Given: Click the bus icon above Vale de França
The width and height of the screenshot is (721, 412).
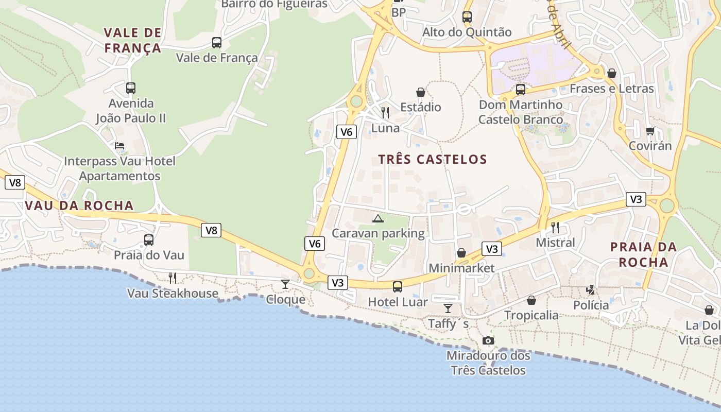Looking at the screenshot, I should pyautogui.click(x=217, y=43).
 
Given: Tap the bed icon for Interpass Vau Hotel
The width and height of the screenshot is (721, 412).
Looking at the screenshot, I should pyautogui.click(x=119, y=146).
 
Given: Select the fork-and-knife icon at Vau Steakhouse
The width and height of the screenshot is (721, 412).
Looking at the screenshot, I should pyautogui.click(x=173, y=278).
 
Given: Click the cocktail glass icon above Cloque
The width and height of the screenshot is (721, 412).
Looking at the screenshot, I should pyautogui.click(x=285, y=284).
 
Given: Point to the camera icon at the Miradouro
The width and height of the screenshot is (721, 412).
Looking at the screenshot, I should pyautogui.click(x=488, y=340).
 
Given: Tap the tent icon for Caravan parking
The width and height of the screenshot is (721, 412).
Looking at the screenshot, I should pyautogui.click(x=378, y=219).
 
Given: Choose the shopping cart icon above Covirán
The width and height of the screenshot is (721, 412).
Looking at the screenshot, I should pyautogui.click(x=650, y=131).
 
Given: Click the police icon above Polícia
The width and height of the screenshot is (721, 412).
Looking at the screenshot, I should pyautogui.click(x=591, y=290).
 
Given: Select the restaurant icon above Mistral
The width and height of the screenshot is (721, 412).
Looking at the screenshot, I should pyautogui.click(x=555, y=227).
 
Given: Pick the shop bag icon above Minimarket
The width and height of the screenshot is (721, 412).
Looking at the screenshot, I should pyautogui.click(x=461, y=253).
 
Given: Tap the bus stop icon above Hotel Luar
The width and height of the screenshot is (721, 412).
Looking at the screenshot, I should pyautogui.click(x=398, y=287).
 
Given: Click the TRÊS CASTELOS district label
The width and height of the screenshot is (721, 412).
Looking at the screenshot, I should pyautogui.click(x=433, y=160).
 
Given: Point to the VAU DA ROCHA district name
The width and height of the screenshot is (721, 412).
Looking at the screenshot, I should pyautogui.click(x=79, y=206).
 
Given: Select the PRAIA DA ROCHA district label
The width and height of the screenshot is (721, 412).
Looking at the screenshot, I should pyautogui.click(x=643, y=254).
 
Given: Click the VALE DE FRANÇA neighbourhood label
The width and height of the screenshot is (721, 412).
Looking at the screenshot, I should pyautogui.click(x=133, y=41).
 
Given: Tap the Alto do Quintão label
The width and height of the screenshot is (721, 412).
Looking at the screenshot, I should pyautogui.click(x=467, y=32).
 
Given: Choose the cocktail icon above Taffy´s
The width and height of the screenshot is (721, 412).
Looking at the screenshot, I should pyautogui.click(x=448, y=308).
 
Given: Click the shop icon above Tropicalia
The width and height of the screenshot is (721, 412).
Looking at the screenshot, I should pyautogui.click(x=531, y=300).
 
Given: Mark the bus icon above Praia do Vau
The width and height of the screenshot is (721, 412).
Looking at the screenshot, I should pyautogui.click(x=149, y=240).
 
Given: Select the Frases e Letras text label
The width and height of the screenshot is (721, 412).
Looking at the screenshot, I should pyautogui.click(x=611, y=89).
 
